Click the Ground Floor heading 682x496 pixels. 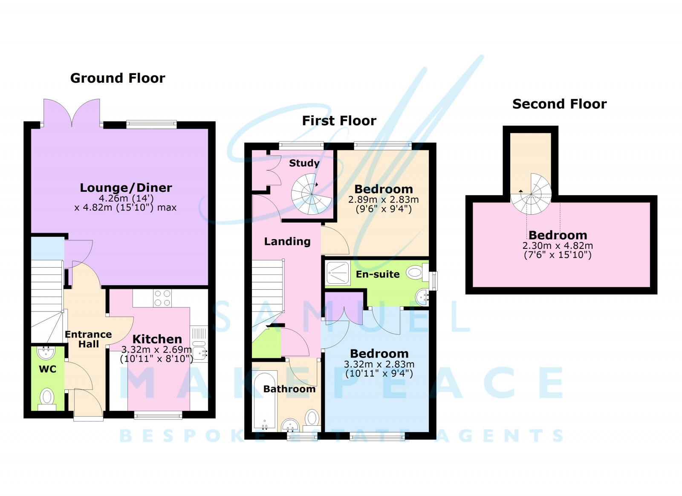(x=118, y=78)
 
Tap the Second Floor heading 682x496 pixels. (x=559, y=104)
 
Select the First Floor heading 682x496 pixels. (x=339, y=121)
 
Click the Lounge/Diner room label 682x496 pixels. (x=126, y=188)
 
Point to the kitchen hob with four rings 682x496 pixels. (x=162, y=298)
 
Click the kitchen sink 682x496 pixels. (x=199, y=352)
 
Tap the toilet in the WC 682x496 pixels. (x=47, y=398)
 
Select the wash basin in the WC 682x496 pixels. (x=46, y=352)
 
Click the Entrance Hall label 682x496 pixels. (x=88, y=339)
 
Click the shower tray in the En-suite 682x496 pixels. (x=338, y=273)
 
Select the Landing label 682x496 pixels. (x=287, y=242)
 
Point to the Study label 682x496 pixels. (x=304, y=163)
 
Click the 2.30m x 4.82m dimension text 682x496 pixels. (x=558, y=246)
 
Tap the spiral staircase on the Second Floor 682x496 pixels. (x=531, y=194)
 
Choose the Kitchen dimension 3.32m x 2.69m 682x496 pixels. (x=156, y=350)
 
